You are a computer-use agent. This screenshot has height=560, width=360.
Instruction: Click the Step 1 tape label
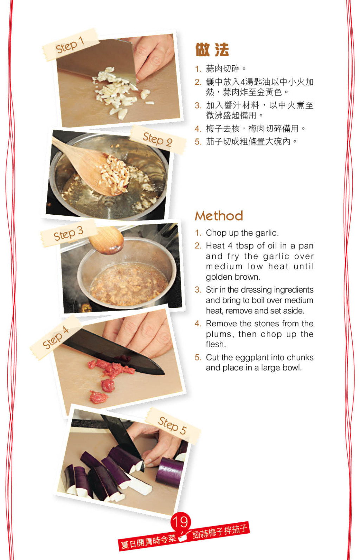tap(70, 45)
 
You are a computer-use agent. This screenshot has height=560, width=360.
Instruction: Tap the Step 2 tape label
tap(157, 139)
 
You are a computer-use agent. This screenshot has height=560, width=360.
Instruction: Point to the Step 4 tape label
tap(56, 337)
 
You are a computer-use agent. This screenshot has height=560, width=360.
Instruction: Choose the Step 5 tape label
tap(173, 425)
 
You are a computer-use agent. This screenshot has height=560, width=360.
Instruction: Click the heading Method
tap(219, 216)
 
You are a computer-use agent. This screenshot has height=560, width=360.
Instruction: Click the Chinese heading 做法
tap(212, 50)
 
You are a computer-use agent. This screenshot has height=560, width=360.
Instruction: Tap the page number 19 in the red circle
tap(180, 522)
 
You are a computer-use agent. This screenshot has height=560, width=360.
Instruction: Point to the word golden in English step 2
tap(219, 277)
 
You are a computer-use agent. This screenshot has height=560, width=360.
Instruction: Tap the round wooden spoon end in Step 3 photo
tap(106, 240)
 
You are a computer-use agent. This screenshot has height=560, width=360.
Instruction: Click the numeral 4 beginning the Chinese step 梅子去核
tap(198, 129)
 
